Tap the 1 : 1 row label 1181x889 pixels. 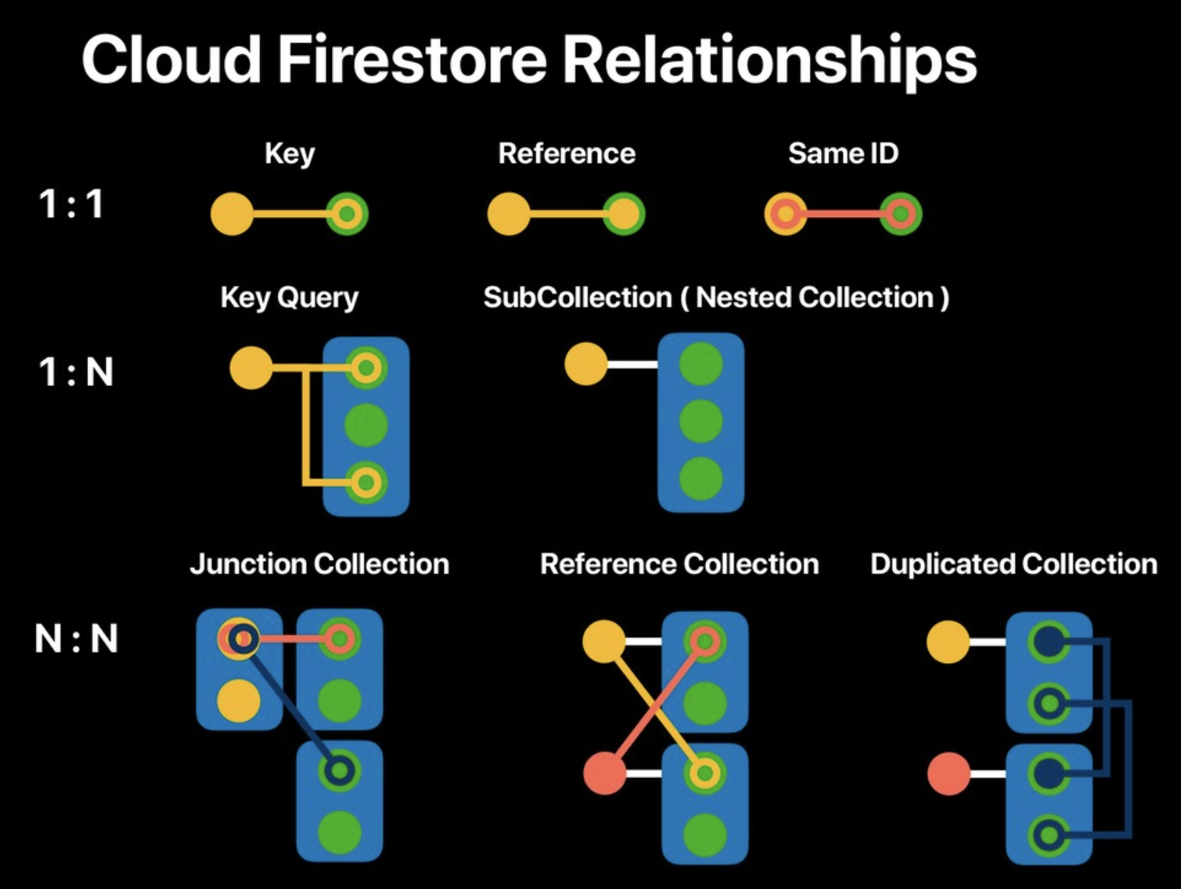tap(70, 204)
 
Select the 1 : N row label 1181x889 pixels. tap(76, 372)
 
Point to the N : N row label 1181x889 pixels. tap(76, 639)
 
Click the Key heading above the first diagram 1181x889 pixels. tap(290, 153)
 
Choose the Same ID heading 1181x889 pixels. tap(843, 153)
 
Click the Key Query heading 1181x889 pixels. tap(289, 297)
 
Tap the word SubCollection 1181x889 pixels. tap(577, 297)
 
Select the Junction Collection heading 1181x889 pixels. tap(319, 564)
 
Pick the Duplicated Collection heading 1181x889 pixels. tap(1014, 564)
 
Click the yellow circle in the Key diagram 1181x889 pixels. tap(232, 214)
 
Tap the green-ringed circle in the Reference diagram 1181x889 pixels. tap(623, 214)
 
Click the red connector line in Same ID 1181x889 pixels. tap(843, 214)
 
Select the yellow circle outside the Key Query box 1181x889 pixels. tap(251, 367)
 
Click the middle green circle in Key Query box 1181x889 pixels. tap(366, 425)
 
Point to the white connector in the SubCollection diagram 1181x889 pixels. tap(632, 364)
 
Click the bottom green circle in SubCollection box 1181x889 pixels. tap(701, 479)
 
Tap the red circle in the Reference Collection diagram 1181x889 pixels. tap(605, 773)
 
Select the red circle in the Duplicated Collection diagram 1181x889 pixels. tap(948, 773)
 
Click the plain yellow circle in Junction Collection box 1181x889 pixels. tap(239, 701)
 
